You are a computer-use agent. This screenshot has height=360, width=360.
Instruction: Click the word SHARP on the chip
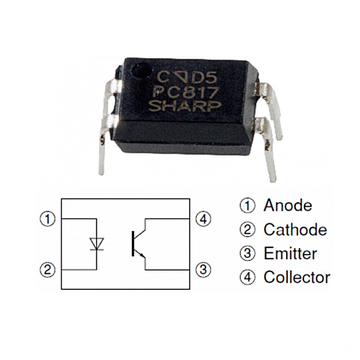pyautogui.click(x=184, y=106)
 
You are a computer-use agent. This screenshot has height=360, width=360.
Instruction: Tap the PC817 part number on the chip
pyautogui.click(x=185, y=92)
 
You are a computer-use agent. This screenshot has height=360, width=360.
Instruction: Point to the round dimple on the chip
pyautogui.click(x=141, y=71)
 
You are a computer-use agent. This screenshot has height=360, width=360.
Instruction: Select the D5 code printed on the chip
pyautogui.click(x=204, y=78)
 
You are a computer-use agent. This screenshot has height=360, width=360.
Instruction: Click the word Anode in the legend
pyautogui.click(x=287, y=205)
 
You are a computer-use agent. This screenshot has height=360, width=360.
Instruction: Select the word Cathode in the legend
pyautogui.click(x=295, y=229)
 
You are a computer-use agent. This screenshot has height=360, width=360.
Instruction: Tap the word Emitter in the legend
pyautogui.click(x=290, y=253)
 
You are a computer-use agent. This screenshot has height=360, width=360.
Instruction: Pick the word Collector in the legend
pyautogui.click(x=297, y=277)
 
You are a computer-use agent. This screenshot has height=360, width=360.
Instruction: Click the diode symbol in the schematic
pyautogui.click(x=96, y=244)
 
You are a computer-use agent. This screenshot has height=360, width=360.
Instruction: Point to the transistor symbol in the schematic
pyautogui.click(x=138, y=244)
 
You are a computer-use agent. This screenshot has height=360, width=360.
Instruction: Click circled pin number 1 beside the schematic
pyautogui.click(x=47, y=219)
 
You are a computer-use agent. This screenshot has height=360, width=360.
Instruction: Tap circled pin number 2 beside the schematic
pyautogui.click(x=47, y=269)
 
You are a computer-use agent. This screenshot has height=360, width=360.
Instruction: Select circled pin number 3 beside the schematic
pyautogui.click(x=203, y=269)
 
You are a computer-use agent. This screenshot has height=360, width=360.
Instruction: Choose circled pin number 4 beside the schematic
pyautogui.click(x=203, y=219)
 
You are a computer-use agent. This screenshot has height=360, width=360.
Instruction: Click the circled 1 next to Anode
pyautogui.click(x=247, y=205)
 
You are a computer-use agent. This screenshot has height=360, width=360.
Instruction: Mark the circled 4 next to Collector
pyautogui.click(x=247, y=277)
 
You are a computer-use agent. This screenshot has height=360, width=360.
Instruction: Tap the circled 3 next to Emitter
pyautogui.click(x=247, y=253)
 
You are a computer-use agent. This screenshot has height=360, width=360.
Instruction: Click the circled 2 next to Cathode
pyautogui.click(x=247, y=229)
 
